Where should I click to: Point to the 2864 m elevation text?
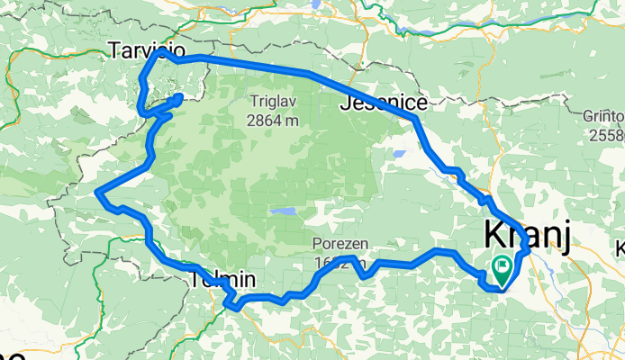click(x=276, y=119)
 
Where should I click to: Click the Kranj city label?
click(x=527, y=235)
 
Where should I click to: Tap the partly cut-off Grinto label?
click(x=605, y=117)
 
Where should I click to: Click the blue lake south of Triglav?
click(x=283, y=213)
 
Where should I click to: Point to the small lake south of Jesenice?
click(x=396, y=154)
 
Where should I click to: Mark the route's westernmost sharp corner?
click(x=96, y=192)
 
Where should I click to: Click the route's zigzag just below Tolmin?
click(x=231, y=301)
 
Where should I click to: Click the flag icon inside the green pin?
click(x=500, y=265)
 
